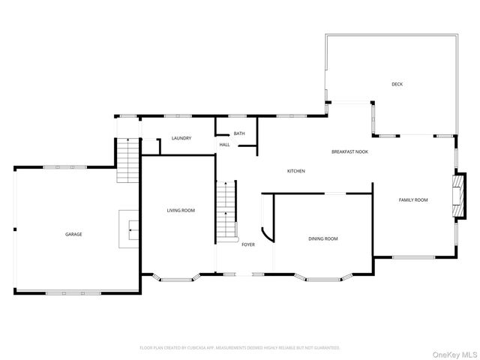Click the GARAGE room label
click(73, 235)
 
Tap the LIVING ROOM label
click(181, 211)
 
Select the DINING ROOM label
click(322, 239)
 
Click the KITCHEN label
click(295, 171)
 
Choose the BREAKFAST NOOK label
click(350, 151)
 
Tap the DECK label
click(397, 84)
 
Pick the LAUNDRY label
click(181, 138)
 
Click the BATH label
click(238, 133)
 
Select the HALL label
click(224, 145)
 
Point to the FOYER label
click(247, 244)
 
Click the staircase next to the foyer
click(226, 211)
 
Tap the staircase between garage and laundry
click(128, 159)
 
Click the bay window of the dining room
click(322, 279)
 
